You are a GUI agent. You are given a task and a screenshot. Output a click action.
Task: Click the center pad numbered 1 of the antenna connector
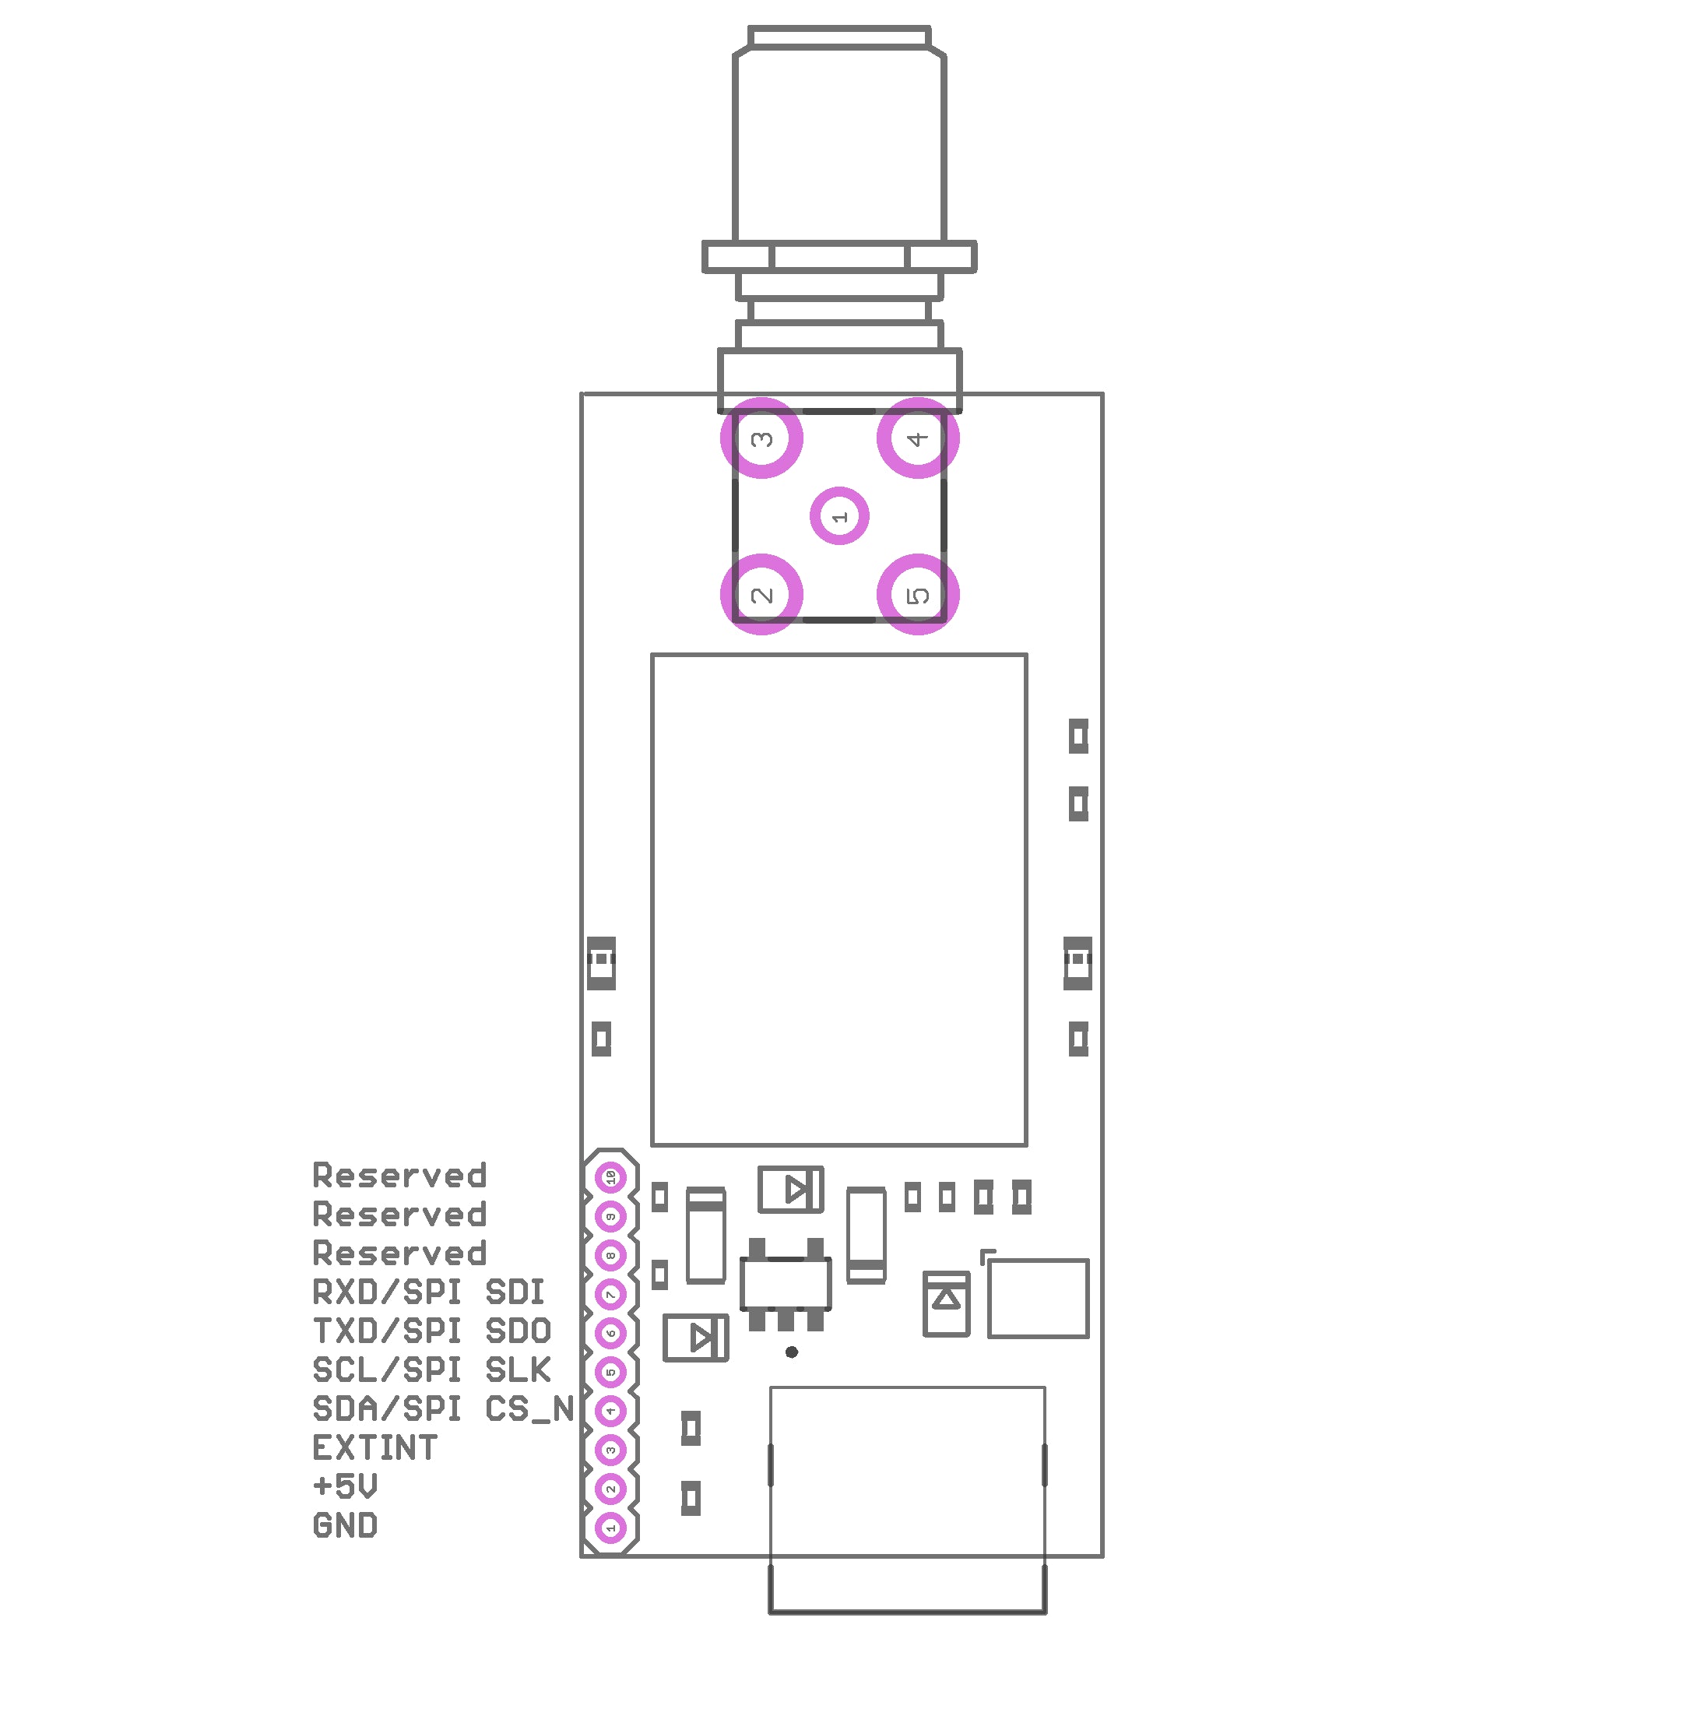click(839, 515)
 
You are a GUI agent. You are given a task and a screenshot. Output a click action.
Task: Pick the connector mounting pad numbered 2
click(761, 594)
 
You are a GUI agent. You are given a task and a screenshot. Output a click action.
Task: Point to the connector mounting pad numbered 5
click(918, 594)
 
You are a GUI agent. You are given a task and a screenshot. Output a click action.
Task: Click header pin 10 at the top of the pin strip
click(611, 1177)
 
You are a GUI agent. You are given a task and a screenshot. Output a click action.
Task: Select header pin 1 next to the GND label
click(611, 1528)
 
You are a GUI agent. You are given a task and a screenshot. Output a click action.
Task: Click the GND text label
click(345, 1526)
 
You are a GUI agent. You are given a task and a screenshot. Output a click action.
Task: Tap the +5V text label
click(345, 1486)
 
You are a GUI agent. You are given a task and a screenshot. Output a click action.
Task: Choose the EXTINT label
click(374, 1447)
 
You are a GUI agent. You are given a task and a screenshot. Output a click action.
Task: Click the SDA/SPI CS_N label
click(442, 1409)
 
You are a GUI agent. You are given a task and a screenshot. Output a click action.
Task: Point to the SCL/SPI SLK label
click(431, 1370)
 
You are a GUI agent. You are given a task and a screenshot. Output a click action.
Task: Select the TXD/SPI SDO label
click(431, 1331)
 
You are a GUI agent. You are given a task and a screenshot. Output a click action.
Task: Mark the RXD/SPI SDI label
click(428, 1291)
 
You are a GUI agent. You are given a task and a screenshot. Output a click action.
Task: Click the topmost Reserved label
click(399, 1176)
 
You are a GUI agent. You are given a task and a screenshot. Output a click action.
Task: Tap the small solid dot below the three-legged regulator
click(791, 1352)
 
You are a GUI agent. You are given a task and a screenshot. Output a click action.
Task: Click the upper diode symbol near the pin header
click(791, 1189)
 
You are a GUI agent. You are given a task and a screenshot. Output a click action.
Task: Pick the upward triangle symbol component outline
click(946, 1304)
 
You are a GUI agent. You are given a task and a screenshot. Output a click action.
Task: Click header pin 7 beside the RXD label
click(611, 1294)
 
